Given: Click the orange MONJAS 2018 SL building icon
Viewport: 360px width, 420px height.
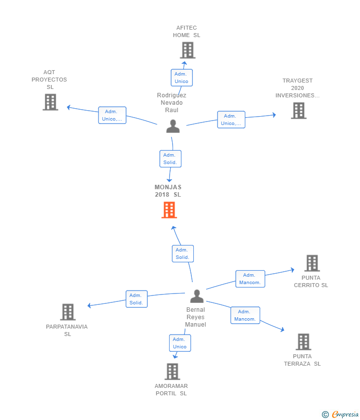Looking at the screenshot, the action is [x=169, y=210].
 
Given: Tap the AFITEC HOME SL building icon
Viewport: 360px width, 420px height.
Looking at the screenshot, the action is [x=187, y=50].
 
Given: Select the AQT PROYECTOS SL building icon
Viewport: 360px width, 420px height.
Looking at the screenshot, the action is [x=50, y=102].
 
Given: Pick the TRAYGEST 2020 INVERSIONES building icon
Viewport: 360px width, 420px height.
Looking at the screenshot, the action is [x=299, y=111].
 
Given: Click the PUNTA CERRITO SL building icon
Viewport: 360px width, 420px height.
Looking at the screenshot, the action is [x=313, y=263].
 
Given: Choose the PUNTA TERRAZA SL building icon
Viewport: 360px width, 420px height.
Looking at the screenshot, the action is [x=304, y=342].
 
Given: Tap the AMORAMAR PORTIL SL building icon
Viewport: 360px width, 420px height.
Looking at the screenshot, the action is [x=173, y=372].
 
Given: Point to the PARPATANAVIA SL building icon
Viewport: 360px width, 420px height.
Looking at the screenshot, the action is [x=68, y=312].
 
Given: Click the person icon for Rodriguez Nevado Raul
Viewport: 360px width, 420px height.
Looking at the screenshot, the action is [x=173, y=126].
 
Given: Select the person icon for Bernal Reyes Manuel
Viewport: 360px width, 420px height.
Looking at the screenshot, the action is [x=197, y=296].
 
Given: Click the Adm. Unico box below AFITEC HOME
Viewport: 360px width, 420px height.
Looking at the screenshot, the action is [x=182, y=78].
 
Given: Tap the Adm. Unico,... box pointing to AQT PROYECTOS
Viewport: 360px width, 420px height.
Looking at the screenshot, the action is [x=112, y=115].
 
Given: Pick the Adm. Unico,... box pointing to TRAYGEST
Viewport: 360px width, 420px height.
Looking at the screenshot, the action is [x=231, y=120].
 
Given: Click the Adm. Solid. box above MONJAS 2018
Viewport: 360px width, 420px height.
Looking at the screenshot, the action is [x=171, y=159].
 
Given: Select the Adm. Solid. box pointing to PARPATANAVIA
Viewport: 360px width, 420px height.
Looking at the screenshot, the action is [x=136, y=299].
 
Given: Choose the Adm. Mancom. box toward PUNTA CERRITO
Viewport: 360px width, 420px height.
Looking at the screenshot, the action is [x=250, y=279].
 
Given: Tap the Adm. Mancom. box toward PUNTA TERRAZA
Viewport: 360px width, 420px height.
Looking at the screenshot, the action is [x=245, y=315].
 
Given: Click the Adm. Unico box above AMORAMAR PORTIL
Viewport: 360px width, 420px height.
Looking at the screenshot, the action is [x=180, y=343].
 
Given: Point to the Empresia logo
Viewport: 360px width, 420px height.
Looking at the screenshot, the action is [x=340, y=415].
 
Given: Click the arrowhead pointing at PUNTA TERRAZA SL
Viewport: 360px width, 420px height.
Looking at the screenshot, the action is [x=282, y=330].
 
